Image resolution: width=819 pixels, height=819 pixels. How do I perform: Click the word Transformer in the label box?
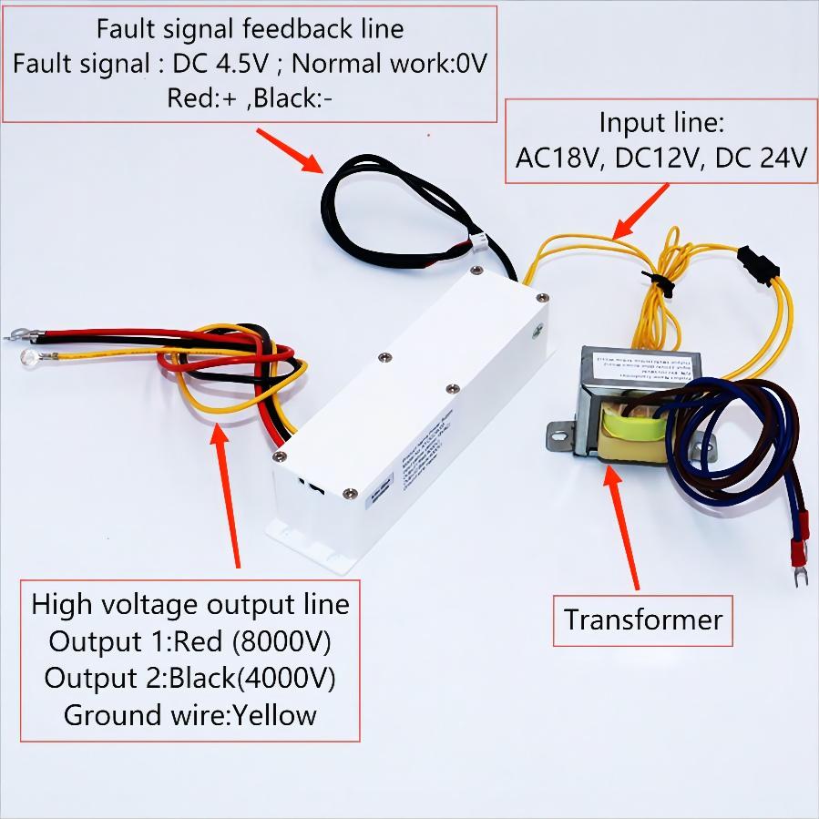(642, 619)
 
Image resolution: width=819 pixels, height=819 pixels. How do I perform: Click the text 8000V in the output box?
(282, 641)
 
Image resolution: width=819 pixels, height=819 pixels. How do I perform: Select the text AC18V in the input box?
(556, 158)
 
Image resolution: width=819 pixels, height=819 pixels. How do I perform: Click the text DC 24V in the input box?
(761, 158)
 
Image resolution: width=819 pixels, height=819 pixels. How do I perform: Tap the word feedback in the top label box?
(292, 28)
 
